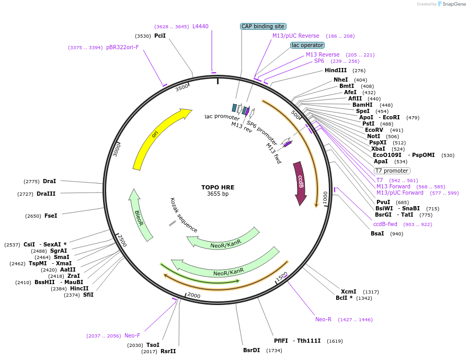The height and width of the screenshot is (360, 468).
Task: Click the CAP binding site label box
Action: click(x=263, y=26)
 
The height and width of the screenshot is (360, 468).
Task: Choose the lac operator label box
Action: click(x=307, y=45)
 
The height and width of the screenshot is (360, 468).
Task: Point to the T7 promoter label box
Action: click(x=392, y=171)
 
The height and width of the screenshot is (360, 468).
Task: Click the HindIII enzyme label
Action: click(x=335, y=70)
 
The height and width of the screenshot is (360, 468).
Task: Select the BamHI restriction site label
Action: click(x=362, y=105)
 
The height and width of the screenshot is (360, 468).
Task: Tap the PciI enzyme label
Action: click(x=160, y=36)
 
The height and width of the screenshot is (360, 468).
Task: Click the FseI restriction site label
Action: click(x=51, y=215)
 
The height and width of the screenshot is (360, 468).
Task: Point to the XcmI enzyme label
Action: click(x=348, y=291)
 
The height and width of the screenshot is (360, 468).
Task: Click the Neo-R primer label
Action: click(x=323, y=319)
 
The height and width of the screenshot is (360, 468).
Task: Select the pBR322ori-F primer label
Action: click(x=122, y=47)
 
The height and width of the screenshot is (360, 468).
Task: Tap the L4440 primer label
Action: click(x=200, y=26)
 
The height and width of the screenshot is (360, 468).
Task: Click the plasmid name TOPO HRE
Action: click(x=218, y=187)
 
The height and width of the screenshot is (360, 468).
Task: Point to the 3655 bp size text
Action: click(x=218, y=194)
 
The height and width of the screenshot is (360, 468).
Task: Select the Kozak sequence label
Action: click(x=184, y=215)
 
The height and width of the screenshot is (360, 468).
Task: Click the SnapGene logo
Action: click(x=451, y=4)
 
